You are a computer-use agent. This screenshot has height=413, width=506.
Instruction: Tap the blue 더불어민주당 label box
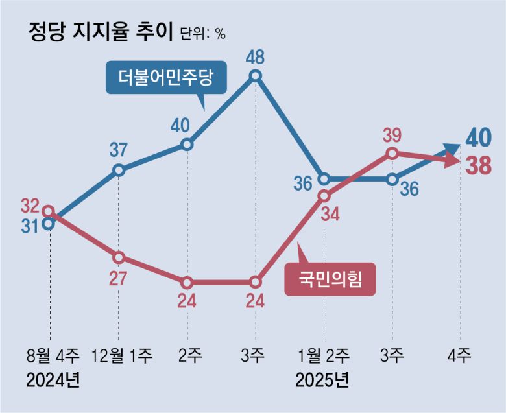(160, 79)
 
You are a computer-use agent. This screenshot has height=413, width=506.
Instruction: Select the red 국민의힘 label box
(331, 280)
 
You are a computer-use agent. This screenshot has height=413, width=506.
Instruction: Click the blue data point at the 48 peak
(256, 76)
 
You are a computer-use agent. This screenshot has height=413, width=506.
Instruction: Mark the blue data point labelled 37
(119, 170)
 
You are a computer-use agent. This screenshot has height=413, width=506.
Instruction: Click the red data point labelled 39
(392, 154)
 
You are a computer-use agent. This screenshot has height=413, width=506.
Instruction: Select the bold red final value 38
(479, 167)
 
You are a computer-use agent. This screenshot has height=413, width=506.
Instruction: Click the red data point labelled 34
(324, 196)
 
